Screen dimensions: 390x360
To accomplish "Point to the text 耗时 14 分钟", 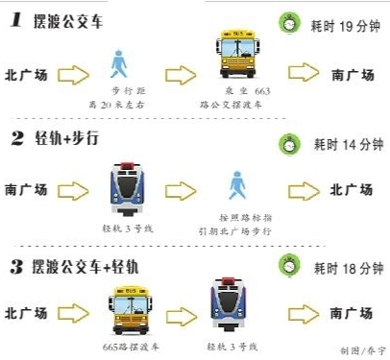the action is coord(343,144).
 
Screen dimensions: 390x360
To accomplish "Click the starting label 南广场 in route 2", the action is coord(26,190).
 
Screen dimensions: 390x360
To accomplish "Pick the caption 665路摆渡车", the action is coord(128,345).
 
